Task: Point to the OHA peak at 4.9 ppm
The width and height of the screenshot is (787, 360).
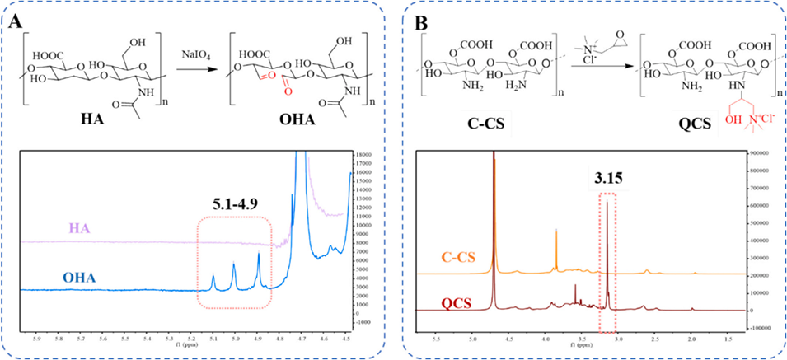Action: coord(259,255)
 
